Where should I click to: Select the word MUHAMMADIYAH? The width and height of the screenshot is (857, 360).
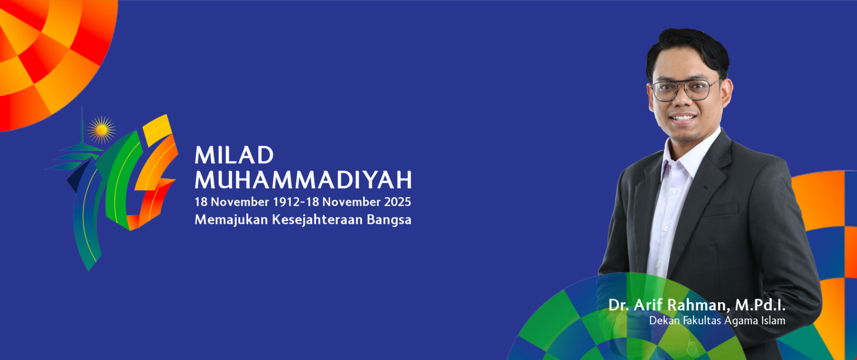303,180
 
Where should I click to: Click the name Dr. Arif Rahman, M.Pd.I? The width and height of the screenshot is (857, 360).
696,305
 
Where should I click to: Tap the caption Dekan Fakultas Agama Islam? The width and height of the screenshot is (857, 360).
717,321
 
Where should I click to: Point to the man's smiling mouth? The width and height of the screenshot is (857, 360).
683,117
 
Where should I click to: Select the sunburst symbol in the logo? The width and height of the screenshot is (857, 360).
102,130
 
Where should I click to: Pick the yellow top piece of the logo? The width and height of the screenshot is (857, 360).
157,129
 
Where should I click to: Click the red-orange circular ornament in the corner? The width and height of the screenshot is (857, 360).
46,51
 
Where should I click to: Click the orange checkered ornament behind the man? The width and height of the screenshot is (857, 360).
828,240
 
